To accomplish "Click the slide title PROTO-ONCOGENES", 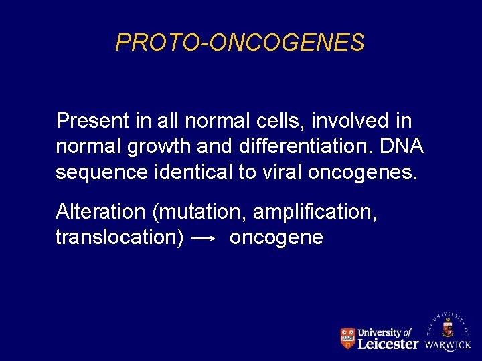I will [240, 43].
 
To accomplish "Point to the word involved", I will [344, 121].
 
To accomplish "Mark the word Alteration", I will [100, 212].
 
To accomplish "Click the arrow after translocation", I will [203, 237].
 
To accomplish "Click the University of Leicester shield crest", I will [347, 339].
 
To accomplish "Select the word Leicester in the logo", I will [388, 344].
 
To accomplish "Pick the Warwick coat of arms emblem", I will [448, 328].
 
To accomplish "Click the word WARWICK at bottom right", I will [448, 346].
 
